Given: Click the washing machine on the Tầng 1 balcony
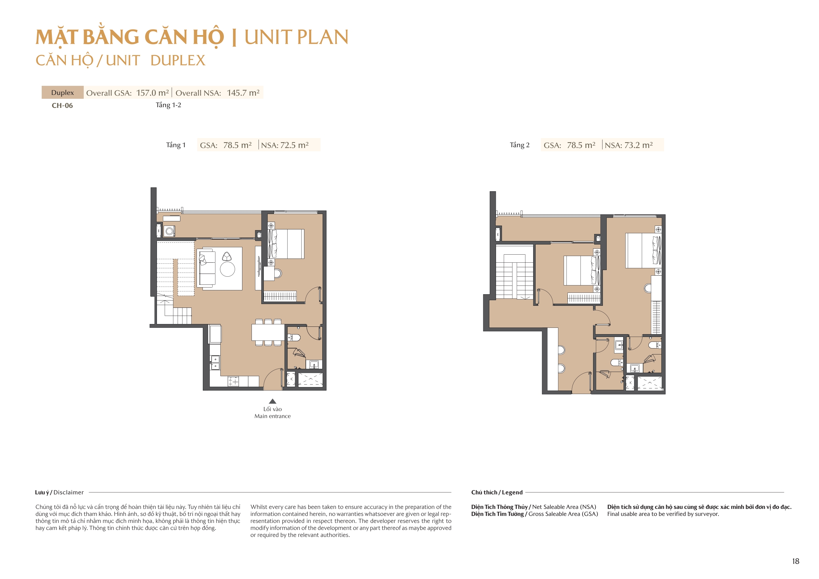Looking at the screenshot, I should click(170, 231).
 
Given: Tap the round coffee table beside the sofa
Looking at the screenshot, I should click(227, 269).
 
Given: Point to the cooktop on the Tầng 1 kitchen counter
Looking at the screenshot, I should click(233, 382).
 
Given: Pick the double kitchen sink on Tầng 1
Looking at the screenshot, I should click(215, 363).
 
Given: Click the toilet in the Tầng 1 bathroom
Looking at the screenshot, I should click(294, 337).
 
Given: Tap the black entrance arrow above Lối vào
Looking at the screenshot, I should click(273, 401).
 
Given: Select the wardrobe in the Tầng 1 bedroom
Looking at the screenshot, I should click(280, 296).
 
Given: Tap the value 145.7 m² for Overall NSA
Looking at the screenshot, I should click(243, 93).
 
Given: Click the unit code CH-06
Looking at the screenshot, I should click(62, 105).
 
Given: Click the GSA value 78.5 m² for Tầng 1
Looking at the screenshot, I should click(237, 145).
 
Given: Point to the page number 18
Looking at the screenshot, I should click(796, 561).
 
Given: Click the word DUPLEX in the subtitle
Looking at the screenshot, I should click(178, 61).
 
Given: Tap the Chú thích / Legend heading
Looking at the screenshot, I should click(497, 492).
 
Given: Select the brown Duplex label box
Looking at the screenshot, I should click(62, 92).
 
